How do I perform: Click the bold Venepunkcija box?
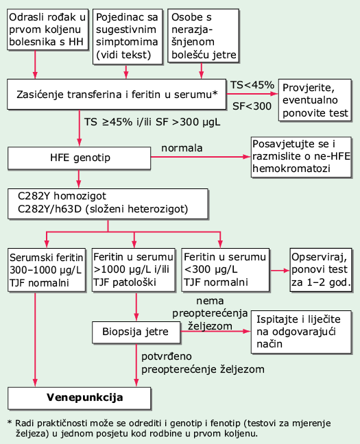(x=80, y=398)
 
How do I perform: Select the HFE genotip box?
(x=79, y=158)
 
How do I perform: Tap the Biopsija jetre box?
(x=136, y=332)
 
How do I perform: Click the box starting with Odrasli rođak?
(x=47, y=29)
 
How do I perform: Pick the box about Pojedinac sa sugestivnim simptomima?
(x=128, y=36)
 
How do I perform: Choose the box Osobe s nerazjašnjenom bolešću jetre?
(x=203, y=36)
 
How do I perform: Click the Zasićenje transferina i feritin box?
(x=117, y=95)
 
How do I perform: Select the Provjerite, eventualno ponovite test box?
(x=315, y=100)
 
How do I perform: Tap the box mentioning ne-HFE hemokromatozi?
(x=301, y=157)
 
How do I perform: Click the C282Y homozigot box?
(x=108, y=203)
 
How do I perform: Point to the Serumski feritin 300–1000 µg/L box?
(x=47, y=270)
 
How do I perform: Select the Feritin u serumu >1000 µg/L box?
(x=134, y=270)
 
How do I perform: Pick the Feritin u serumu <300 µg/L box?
(x=225, y=270)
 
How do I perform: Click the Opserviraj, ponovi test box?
(x=321, y=270)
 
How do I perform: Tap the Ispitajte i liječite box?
(x=301, y=332)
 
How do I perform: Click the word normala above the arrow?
(x=182, y=148)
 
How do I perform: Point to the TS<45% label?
(x=252, y=85)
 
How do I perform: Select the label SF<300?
(x=252, y=106)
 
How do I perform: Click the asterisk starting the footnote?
(x=10, y=423)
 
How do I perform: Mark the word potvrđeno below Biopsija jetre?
(x=167, y=356)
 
